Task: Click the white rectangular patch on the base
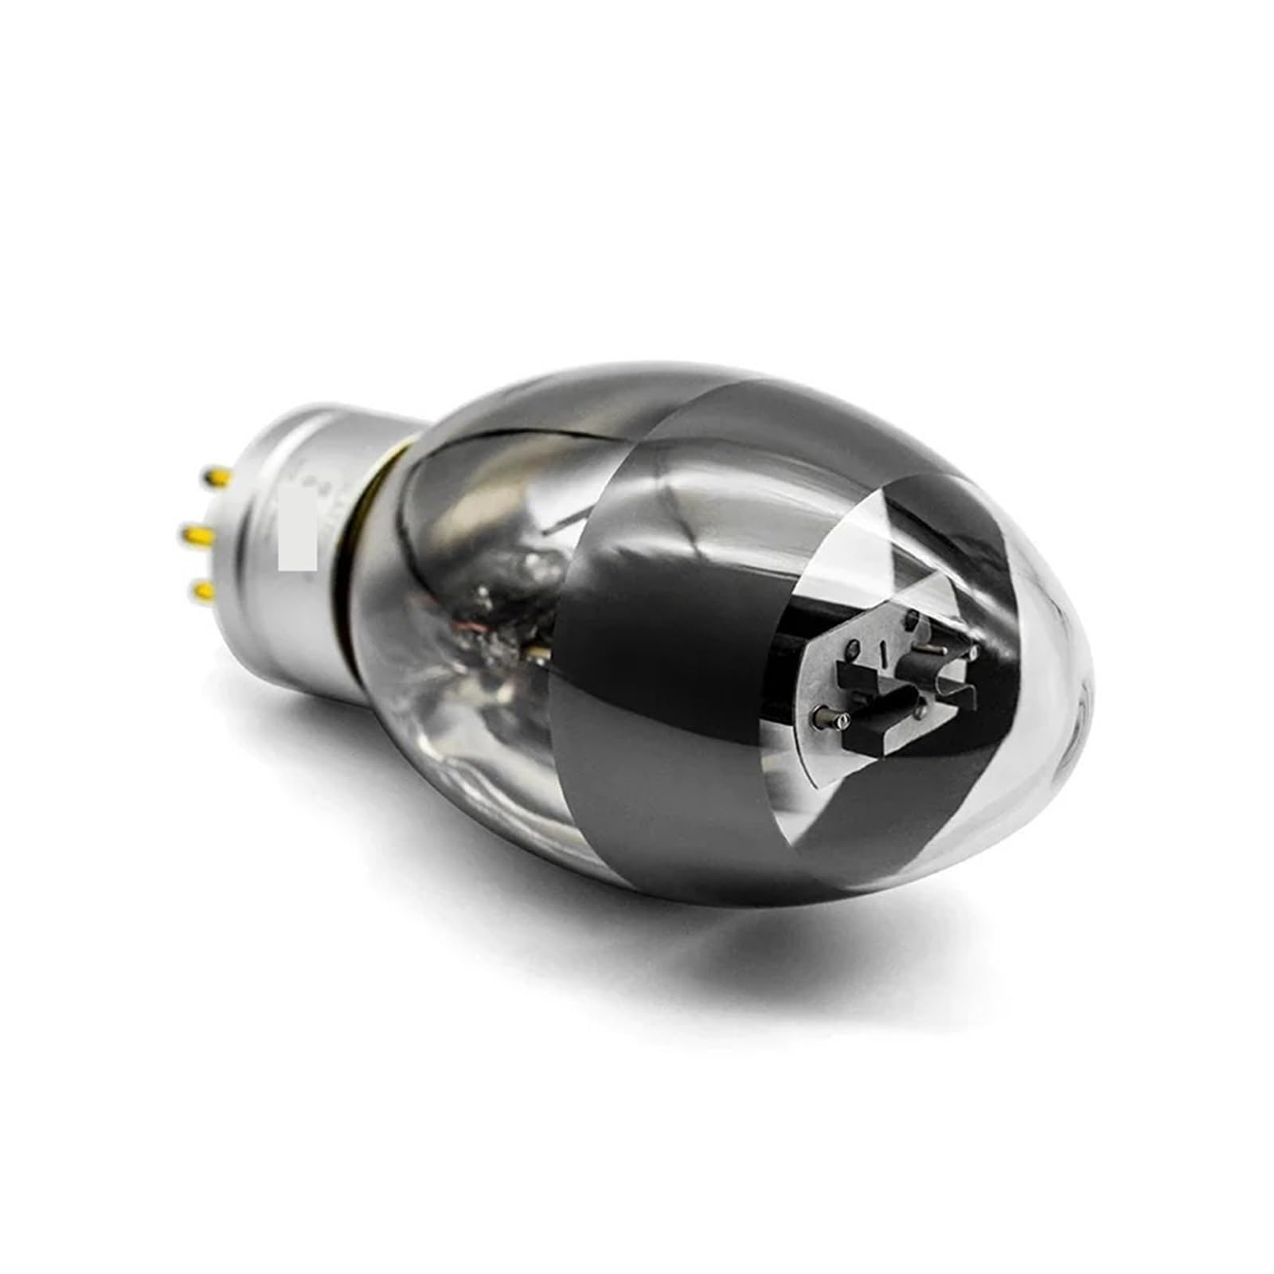point(297,529)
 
